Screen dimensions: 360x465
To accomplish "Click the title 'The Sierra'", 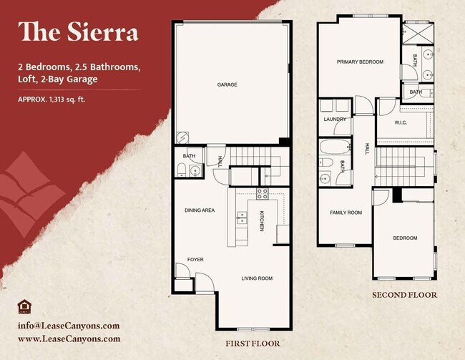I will click(79, 32).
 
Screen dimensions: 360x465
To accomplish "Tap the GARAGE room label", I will click(227, 84).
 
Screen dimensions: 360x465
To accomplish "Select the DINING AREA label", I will click(200, 210).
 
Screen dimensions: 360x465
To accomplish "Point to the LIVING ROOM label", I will click(256, 278).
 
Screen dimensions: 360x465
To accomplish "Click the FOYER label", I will click(196, 259).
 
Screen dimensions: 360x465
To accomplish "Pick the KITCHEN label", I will click(262, 221).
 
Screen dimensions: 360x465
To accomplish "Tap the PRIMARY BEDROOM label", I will click(360, 62).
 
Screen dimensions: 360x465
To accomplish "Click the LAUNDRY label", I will click(335, 120).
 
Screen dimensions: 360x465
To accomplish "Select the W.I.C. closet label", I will click(401, 122).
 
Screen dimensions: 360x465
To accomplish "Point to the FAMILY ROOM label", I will click(346, 213).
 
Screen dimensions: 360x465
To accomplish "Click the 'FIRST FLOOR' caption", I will click(253, 344).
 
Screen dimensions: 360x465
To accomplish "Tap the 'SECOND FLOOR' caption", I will click(404, 295).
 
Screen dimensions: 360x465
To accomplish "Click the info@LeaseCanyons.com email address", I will click(64, 326).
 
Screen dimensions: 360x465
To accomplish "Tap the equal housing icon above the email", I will click(23, 307).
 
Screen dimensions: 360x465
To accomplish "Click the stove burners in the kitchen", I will click(262, 193).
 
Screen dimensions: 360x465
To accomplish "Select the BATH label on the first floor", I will click(189, 156).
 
